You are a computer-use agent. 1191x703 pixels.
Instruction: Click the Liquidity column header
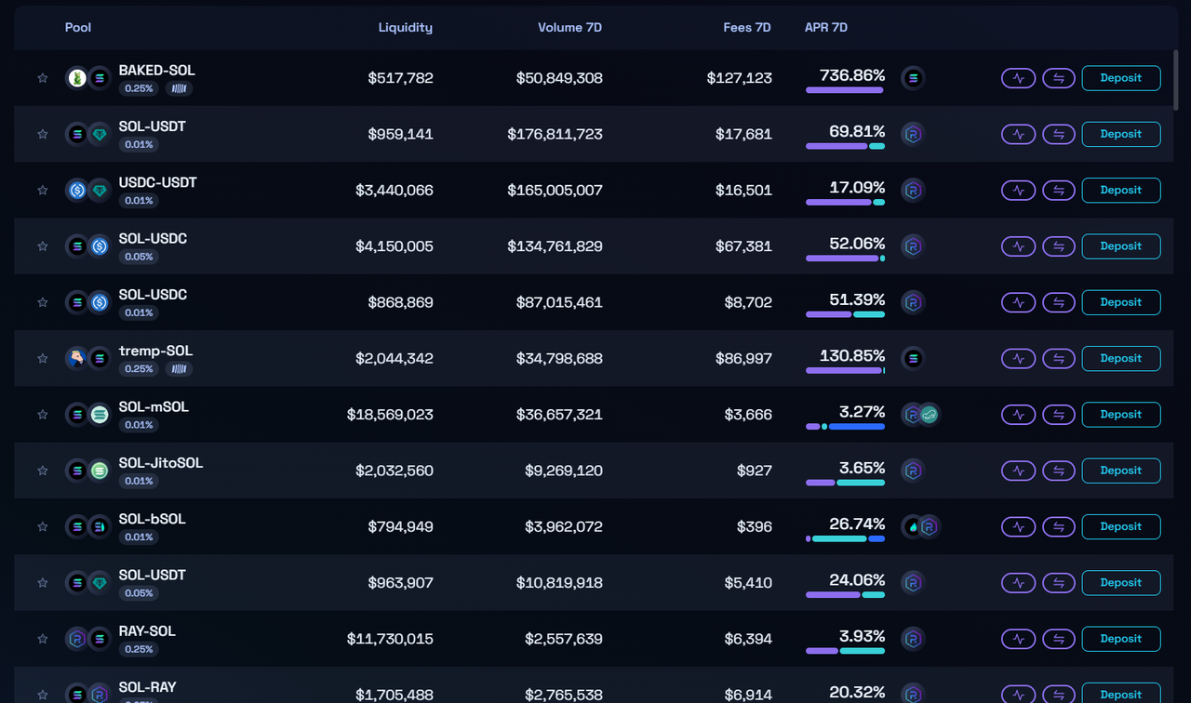[405, 27]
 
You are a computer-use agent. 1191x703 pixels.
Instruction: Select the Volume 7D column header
[569, 27]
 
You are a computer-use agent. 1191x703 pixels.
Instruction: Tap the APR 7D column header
[825, 27]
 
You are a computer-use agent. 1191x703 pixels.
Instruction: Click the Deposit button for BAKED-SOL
[1120, 78]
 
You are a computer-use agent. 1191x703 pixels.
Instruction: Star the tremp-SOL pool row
[42, 359]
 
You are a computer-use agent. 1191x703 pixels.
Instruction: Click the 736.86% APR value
[851, 75]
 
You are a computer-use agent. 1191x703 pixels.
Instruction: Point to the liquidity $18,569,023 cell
[390, 415]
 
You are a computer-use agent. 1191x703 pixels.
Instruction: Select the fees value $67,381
[743, 246]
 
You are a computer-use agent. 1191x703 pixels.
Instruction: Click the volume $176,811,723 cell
[555, 134]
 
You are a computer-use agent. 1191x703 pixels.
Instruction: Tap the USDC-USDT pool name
[157, 182]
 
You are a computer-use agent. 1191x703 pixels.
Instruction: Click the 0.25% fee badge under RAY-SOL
[139, 649]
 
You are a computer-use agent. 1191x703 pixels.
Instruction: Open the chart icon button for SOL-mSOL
[1018, 415]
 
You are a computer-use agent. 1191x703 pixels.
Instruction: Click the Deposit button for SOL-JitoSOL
[1120, 471]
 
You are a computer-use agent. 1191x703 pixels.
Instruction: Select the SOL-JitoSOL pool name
[161, 463]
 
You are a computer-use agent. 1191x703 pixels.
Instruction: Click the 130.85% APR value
[851, 355]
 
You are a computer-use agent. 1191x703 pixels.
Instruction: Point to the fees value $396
[756, 526]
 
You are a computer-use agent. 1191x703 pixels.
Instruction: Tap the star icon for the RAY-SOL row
[42, 639]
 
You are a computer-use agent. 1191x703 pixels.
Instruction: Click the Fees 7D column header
[746, 27]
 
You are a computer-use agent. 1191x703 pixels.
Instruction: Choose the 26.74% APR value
[856, 524]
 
